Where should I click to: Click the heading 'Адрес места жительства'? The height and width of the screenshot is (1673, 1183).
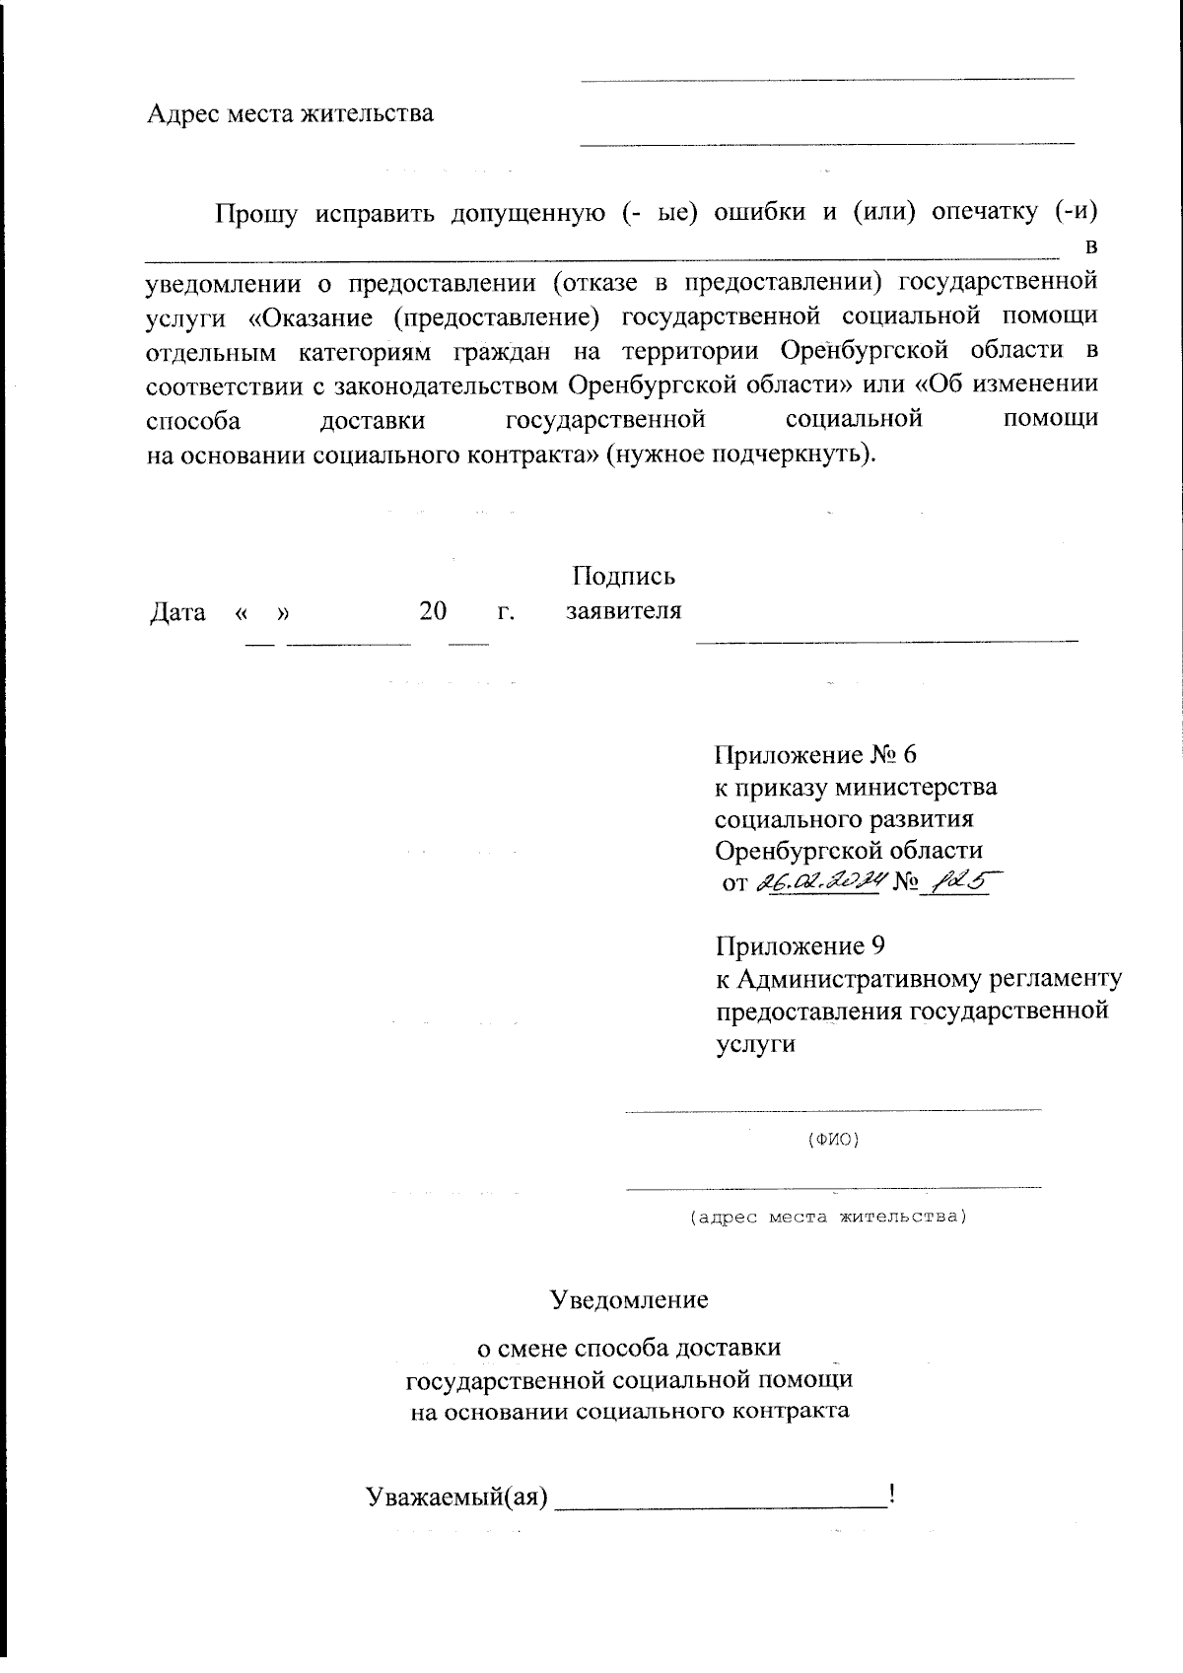(x=290, y=113)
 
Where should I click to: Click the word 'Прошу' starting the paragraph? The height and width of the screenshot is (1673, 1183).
(x=255, y=212)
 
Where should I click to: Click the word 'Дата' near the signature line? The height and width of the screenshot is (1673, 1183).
(x=177, y=612)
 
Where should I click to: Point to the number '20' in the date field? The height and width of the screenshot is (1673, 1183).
(x=433, y=611)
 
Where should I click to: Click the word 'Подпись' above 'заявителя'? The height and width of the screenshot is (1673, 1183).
(x=623, y=576)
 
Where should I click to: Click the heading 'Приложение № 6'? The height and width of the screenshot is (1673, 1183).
(x=814, y=755)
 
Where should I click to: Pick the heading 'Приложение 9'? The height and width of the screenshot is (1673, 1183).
(x=800, y=946)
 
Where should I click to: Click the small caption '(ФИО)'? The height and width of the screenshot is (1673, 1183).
(x=833, y=1140)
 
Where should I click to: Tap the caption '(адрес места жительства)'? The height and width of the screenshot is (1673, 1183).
(x=827, y=1217)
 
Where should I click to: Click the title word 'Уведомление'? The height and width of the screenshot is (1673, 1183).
(x=629, y=1299)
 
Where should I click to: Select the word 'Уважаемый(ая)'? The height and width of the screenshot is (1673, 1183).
(x=456, y=1497)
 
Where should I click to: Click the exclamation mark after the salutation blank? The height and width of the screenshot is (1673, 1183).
(x=891, y=1494)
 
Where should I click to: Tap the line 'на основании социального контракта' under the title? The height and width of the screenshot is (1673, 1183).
(x=629, y=1411)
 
